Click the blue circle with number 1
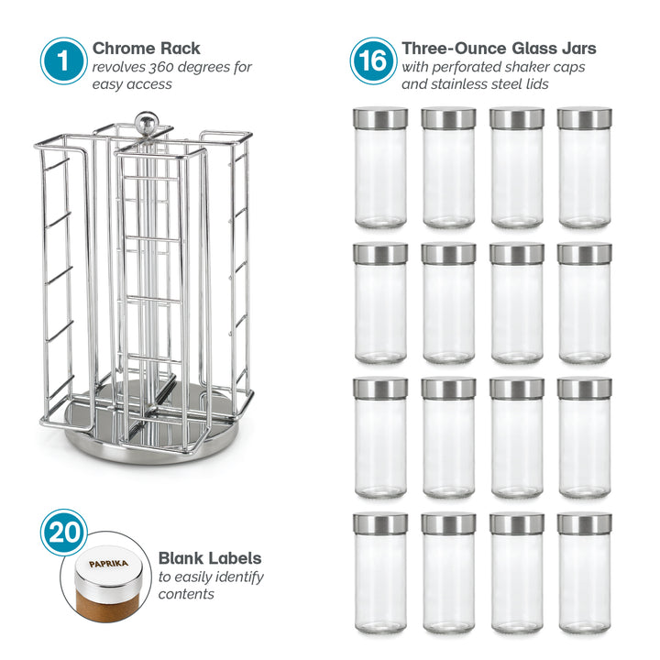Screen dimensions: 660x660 63,61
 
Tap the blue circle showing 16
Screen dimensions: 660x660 373,61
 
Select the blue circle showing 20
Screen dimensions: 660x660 64,533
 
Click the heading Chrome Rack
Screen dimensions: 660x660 146,49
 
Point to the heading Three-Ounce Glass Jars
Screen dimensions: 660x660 499,49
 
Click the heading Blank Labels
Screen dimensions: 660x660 210,558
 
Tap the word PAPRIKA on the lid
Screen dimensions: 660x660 108,564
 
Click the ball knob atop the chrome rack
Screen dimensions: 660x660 146,122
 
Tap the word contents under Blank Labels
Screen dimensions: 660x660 186,594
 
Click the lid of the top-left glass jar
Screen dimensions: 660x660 380,118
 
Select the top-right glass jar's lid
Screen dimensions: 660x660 585,118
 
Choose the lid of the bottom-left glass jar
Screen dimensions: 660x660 380,524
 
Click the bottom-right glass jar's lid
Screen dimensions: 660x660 585,524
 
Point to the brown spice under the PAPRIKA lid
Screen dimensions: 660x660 106,605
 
